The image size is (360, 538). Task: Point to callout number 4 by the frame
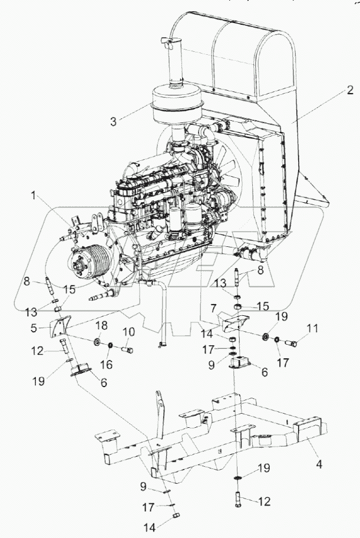pyautogui.click(x=319, y=463)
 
